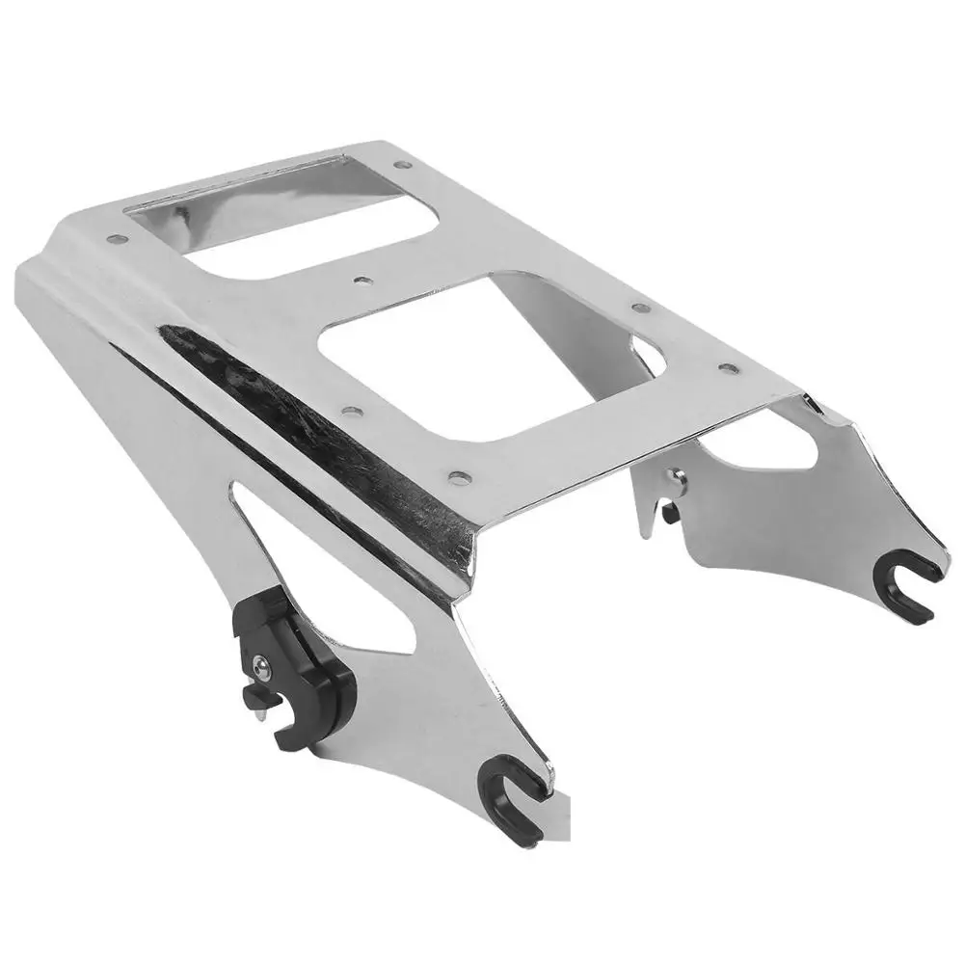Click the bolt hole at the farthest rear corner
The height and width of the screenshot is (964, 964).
(397, 161)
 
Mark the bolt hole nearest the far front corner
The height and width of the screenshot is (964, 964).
(730, 368)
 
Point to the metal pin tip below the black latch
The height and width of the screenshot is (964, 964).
(262, 712)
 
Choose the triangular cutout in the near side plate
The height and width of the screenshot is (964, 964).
(289, 540)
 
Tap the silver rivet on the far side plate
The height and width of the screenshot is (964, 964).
(681, 475)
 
